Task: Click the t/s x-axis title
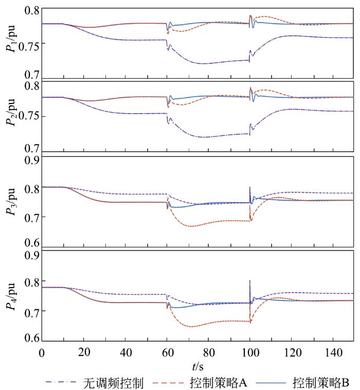(198, 366)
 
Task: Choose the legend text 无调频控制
(110, 382)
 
